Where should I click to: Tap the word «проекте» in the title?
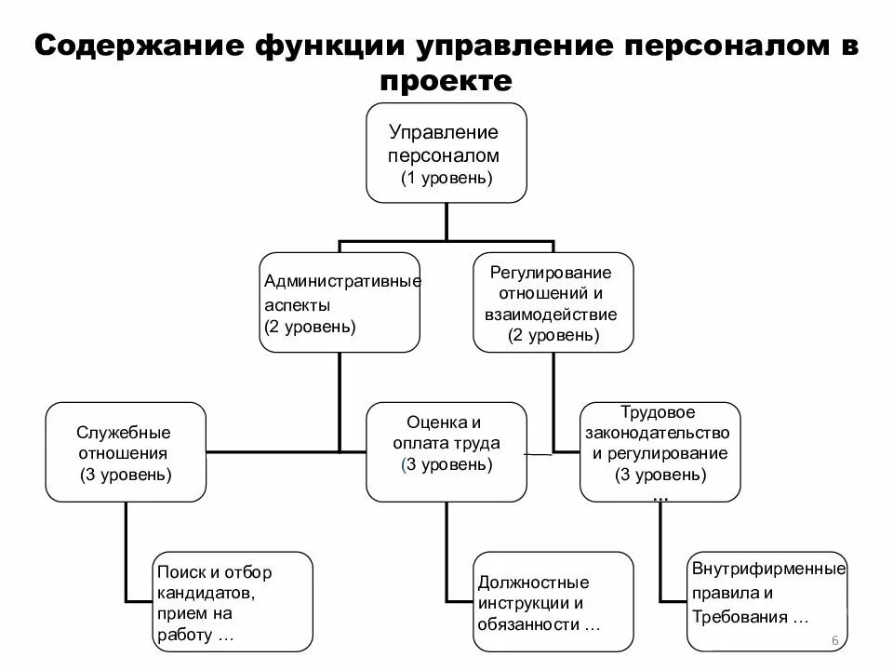click(x=446, y=82)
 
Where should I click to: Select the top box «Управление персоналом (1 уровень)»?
click(x=446, y=153)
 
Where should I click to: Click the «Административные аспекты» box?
click(x=339, y=302)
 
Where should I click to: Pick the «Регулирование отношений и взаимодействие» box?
click(x=553, y=302)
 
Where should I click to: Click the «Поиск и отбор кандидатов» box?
click(x=232, y=602)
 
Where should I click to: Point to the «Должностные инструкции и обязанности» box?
click(x=553, y=602)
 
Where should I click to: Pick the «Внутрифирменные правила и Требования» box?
click(x=767, y=602)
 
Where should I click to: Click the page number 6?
click(x=833, y=640)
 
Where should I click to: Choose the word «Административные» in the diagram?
click(x=342, y=280)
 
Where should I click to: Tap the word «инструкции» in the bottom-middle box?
click(x=519, y=603)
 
